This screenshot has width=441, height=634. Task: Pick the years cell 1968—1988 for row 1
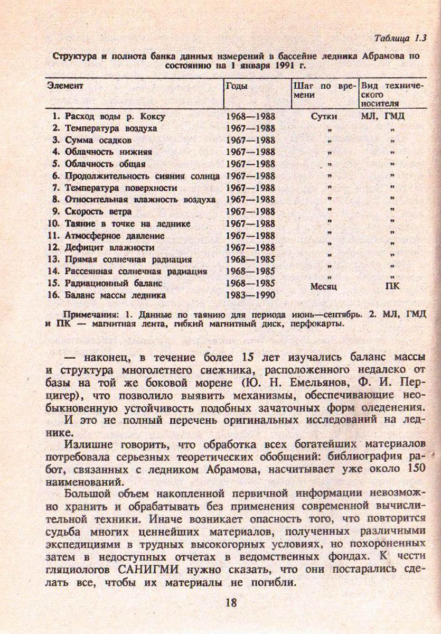pyautogui.click(x=250, y=116)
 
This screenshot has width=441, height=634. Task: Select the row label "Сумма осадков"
pyautogui.click(x=98, y=140)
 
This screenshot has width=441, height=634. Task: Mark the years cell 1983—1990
pyautogui.click(x=250, y=295)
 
